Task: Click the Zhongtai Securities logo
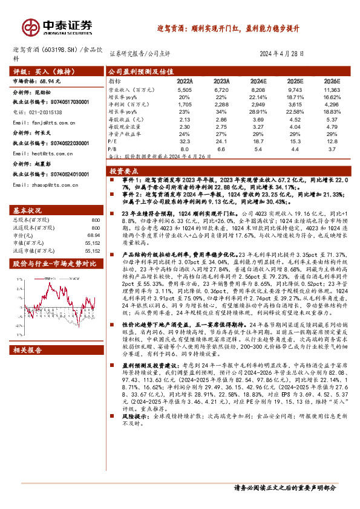[57, 27]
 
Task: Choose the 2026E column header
[332, 80]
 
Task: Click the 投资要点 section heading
[123, 171]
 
